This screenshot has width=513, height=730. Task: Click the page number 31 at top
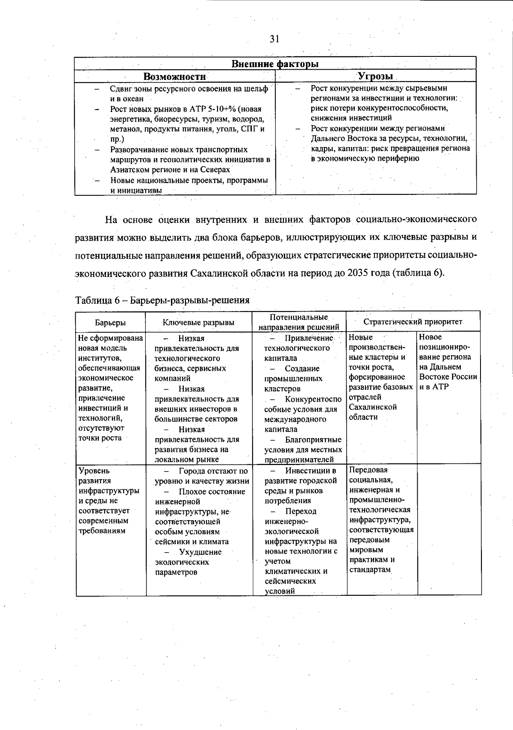(x=274, y=39)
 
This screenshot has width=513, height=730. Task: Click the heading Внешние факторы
(x=275, y=64)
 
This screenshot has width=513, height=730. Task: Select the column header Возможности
(x=174, y=77)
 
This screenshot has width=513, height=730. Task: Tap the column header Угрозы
(x=375, y=76)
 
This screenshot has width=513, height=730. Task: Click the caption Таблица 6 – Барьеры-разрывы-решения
(x=162, y=300)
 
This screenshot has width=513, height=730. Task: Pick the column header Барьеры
(x=110, y=323)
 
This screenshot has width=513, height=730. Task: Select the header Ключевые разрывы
(x=198, y=322)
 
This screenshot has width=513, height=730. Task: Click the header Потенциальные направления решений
(x=299, y=322)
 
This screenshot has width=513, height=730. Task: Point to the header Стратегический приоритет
(x=413, y=321)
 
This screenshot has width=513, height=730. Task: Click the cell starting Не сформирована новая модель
(x=110, y=388)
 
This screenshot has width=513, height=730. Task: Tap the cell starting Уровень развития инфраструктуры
(x=109, y=500)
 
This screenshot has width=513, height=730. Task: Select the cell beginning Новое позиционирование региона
(x=448, y=362)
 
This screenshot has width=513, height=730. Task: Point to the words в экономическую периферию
(x=365, y=159)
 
